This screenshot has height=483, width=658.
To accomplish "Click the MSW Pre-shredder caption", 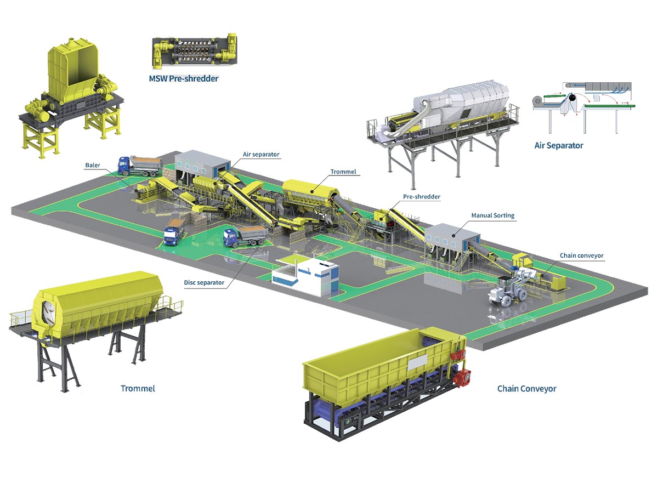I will coord(184,78).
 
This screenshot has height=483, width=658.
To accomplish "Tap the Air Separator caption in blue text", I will coord(559,146).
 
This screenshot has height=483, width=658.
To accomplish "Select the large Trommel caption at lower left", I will coord(138,389).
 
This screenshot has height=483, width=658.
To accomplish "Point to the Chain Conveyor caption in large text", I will coord(526,389).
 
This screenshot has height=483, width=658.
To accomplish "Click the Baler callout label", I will coord(92,164).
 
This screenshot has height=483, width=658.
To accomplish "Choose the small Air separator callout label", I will coord(261,155).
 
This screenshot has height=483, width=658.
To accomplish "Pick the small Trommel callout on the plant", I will coord(343,172).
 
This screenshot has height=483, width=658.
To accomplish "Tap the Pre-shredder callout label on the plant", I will coord(422,196).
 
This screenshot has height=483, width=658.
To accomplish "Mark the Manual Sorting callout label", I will coord(493,215).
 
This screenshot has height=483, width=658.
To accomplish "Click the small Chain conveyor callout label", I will coord(582,255).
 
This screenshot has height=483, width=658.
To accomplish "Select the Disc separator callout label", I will coord(204,283).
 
